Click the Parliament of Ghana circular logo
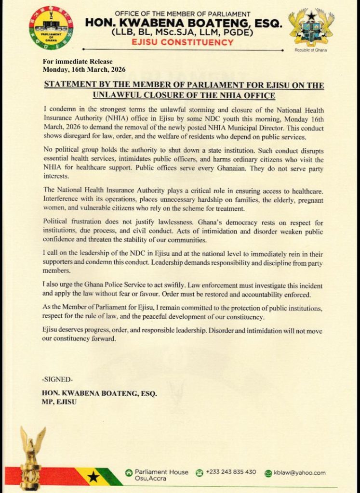[51, 28]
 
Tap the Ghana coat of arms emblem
[311, 27]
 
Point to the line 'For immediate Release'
[78, 62]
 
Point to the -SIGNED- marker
[58, 379]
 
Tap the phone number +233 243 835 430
[231, 472]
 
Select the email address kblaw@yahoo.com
[299, 473]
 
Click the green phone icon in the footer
[200, 473]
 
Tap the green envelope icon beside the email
[268, 473]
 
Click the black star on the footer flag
[93, 477]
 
